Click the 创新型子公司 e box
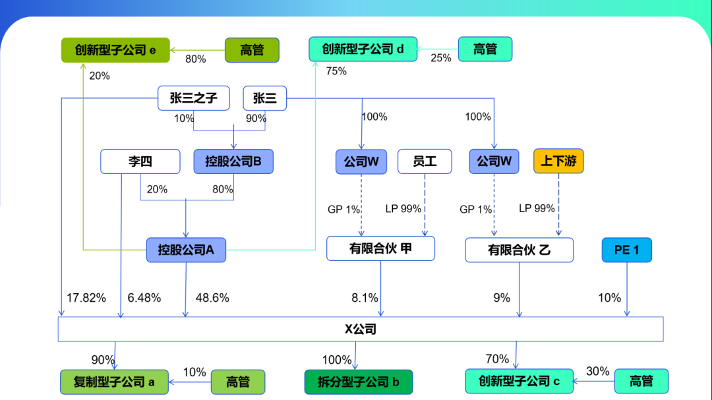pos(115,50)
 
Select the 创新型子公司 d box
pos(363,49)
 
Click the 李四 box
pos(140,161)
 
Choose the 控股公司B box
pos(233,161)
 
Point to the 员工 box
pos(425,161)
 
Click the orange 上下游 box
pos(558,161)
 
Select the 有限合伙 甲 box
pos(380,249)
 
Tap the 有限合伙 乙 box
pos(519,250)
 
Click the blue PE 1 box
pos(626,250)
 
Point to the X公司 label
pos(360,329)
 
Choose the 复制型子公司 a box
pos(115,382)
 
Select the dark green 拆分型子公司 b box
pos(358,382)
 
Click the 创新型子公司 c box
pos(519,381)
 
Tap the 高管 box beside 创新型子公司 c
pos(641,381)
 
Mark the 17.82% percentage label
pos(86,298)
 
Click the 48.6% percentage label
pos(212,298)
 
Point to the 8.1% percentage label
pos(365,298)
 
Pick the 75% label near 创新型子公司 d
pos(336,71)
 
